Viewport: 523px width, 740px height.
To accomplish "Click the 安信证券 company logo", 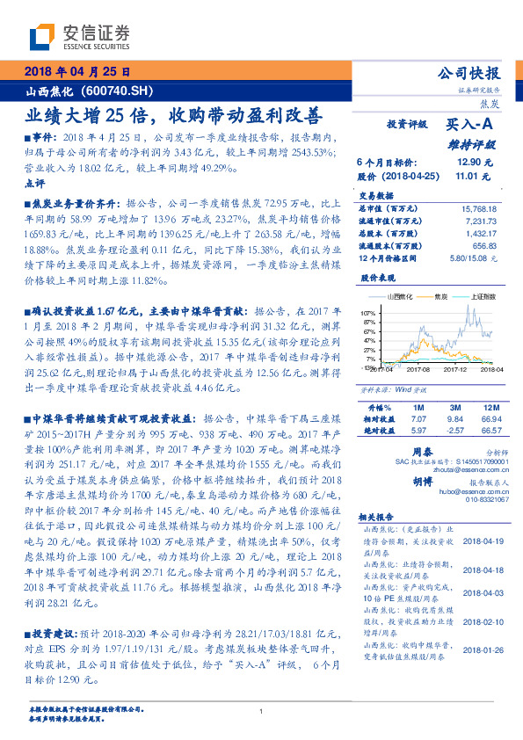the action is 80,37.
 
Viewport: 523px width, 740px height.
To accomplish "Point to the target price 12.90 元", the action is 469,163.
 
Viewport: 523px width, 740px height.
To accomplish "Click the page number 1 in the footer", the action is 262,711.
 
